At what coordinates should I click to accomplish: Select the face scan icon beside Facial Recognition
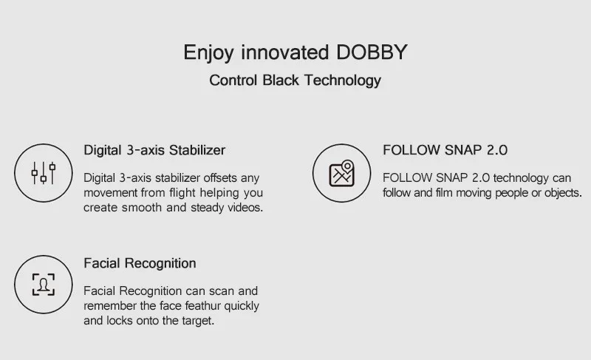click(x=43, y=285)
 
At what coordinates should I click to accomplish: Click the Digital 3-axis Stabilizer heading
click(x=154, y=150)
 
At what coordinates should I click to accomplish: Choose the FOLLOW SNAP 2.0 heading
click(x=445, y=150)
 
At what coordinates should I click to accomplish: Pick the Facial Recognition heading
click(x=140, y=263)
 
